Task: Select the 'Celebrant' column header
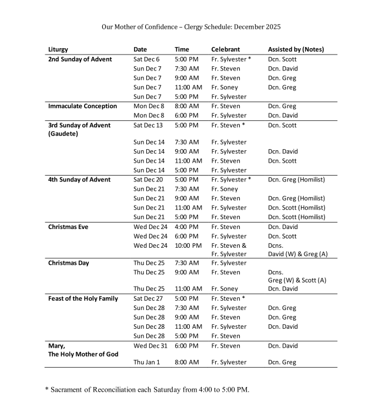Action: (x=226, y=49)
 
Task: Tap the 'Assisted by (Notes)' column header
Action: (x=296, y=49)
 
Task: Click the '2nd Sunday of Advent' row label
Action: (x=80, y=59)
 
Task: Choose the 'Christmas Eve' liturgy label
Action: (x=68, y=227)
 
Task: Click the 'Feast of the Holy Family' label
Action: (x=83, y=299)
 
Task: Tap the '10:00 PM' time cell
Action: (x=188, y=245)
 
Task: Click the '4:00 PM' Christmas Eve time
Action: (x=186, y=227)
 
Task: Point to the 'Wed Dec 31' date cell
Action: (x=150, y=346)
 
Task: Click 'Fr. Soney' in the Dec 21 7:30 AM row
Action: (x=224, y=189)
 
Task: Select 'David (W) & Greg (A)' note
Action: (x=297, y=254)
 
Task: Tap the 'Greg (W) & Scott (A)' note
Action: (x=297, y=280)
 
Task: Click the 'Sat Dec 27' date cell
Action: (x=148, y=299)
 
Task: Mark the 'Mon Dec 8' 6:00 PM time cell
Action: (x=186, y=116)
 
